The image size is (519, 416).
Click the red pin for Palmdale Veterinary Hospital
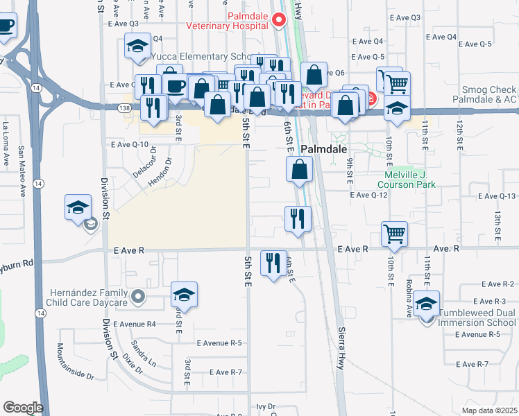click(279, 19)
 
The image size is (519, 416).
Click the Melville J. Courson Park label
click(407, 180)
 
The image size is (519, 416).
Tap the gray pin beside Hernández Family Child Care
click(138, 297)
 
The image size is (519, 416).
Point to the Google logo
click(23, 408)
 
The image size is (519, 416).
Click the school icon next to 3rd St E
click(184, 293)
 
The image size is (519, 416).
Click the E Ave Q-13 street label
click(495, 196)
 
